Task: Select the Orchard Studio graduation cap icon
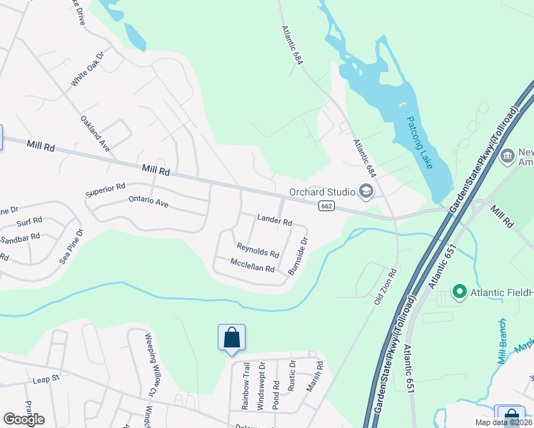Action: pos(366,190)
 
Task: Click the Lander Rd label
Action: pos(275,222)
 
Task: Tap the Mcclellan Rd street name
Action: pos(252,267)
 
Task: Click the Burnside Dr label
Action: pos(298,256)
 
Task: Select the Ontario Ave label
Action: pos(148,203)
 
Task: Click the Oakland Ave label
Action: pos(94,133)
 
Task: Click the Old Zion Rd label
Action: pos(386,287)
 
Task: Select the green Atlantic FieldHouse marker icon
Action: pos(460,292)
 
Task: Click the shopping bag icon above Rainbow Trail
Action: pos(231,337)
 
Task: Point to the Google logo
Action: pos(24,419)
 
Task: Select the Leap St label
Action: pos(44,380)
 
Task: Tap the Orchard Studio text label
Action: pos(322,191)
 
